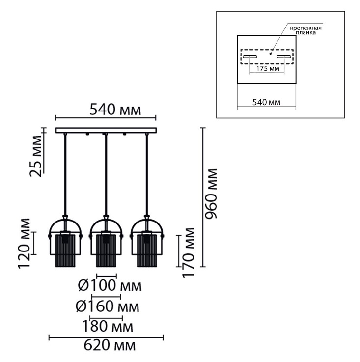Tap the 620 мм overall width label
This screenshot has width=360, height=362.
110,346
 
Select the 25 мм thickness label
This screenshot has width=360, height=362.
36,156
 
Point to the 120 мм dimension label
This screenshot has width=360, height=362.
24,243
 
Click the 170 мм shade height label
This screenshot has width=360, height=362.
189,252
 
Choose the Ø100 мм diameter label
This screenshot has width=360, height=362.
110,285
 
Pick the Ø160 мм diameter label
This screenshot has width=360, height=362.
108,306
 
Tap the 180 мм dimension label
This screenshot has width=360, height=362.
108,327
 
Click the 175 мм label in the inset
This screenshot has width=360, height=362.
268,69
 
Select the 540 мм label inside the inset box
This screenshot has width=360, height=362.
266,102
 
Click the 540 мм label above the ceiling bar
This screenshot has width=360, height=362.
115,110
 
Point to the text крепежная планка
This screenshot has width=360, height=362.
306,30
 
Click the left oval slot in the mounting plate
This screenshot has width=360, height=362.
250,56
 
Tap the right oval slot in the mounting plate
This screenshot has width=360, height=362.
284,56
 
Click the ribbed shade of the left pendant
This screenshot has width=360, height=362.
65,251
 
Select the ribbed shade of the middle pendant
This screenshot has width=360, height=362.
106,251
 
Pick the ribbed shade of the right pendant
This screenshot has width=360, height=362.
147,251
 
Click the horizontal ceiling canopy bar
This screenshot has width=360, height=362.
106,130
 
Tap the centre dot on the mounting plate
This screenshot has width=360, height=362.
271,54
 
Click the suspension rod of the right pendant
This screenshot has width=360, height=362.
147,174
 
